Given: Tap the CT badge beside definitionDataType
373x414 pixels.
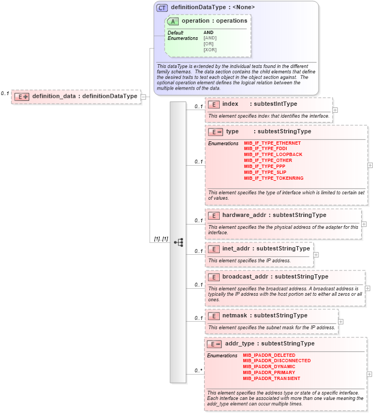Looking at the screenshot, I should (162, 8).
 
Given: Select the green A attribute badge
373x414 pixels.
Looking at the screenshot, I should (173, 21).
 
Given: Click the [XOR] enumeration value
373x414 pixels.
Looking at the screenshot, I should (210, 50).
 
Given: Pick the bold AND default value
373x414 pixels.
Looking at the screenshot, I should (208, 32).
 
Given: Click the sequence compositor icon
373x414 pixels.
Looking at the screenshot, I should (179, 242).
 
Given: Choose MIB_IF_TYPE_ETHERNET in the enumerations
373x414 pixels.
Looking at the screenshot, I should (272, 143).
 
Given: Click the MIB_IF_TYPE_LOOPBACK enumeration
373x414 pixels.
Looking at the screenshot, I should (273, 155).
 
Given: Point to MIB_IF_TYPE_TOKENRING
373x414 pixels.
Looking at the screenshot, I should (274, 178).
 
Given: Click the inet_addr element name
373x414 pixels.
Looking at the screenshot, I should (236, 249).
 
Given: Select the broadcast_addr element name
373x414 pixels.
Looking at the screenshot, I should (245, 277).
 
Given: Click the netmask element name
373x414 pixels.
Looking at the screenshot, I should (235, 316).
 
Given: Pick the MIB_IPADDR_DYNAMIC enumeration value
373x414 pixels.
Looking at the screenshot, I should (269, 367).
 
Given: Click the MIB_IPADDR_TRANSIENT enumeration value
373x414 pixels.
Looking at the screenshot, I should (272, 378).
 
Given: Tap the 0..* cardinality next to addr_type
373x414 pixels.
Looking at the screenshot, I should (198, 371).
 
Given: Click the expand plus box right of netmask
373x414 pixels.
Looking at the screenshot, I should (341, 321).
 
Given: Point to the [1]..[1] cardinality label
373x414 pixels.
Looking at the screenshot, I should (161, 239).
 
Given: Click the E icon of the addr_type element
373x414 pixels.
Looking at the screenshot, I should (214, 344).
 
